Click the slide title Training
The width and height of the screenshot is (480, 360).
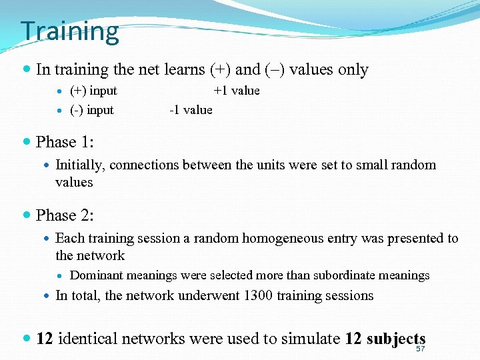tap(69, 31)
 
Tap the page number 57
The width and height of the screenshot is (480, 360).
tap(420, 349)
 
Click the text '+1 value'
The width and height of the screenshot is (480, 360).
tap(237, 91)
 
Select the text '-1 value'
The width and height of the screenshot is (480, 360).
tap(191, 110)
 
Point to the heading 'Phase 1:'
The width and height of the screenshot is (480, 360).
tap(65, 142)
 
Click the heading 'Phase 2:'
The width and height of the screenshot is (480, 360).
tap(65, 215)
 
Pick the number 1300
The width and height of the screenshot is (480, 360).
tap(258, 295)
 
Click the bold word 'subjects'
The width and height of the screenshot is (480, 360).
tap(385, 339)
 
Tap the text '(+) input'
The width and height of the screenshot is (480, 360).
tap(93, 91)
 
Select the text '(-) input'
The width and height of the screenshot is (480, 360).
tap(92, 110)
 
